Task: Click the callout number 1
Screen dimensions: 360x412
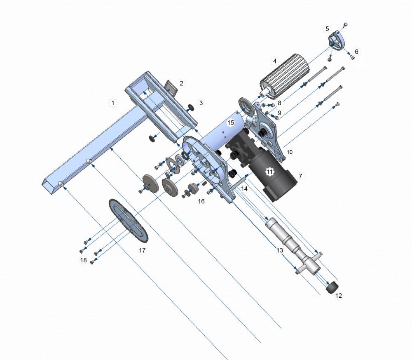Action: tap(112, 102)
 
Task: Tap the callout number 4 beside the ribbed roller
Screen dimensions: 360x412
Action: tap(274, 61)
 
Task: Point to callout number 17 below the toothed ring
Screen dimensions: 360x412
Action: tap(142, 250)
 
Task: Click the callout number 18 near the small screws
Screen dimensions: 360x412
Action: tap(83, 260)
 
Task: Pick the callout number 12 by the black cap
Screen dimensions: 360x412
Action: tap(339, 295)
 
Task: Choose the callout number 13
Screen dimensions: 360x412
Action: tap(280, 250)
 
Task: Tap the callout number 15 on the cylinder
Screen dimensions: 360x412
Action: tap(231, 122)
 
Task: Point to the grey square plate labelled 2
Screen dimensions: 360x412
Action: tap(170, 87)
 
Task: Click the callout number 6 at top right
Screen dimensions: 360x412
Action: tap(357, 52)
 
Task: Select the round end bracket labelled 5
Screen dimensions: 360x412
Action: tap(336, 43)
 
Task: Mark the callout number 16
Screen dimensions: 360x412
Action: tap(201, 201)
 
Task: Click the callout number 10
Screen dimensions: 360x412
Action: tap(289, 152)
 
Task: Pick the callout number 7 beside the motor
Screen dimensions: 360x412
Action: tap(300, 176)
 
